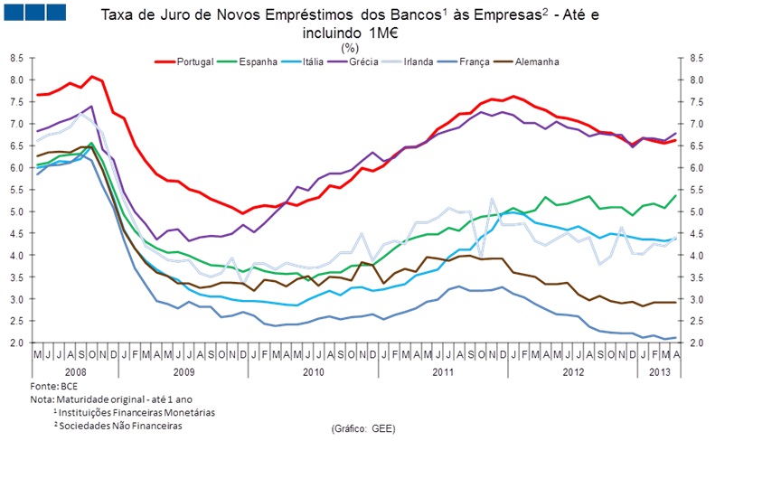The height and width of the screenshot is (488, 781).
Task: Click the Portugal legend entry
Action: [x=194, y=61]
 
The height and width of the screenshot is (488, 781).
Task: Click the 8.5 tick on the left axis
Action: [x=16, y=57]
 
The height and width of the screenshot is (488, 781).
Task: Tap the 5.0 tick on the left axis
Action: [x=16, y=211]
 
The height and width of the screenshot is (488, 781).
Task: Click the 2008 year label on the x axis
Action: [x=76, y=371]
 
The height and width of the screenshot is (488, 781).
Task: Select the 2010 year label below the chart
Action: [x=314, y=371]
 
